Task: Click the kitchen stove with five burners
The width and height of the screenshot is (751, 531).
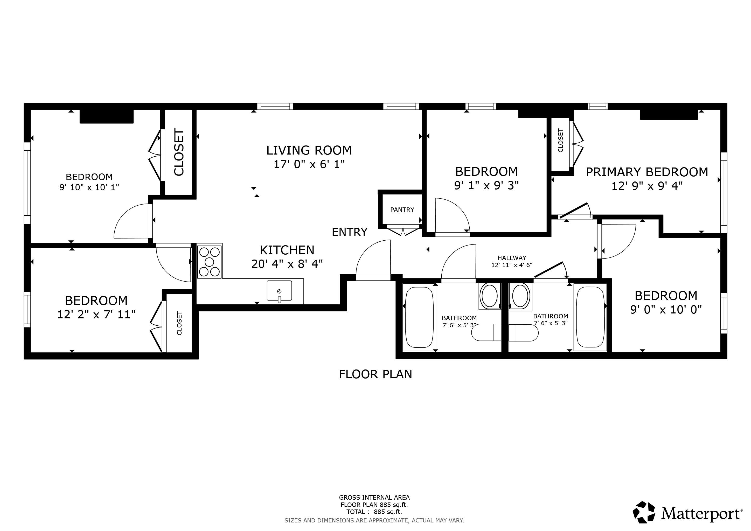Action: pyautogui.click(x=209, y=262)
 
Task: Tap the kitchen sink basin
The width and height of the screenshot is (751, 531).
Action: pyautogui.click(x=279, y=290)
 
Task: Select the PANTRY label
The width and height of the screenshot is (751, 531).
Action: pyautogui.click(x=402, y=209)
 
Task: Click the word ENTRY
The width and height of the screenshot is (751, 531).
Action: pyautogui.click(x=349, y=232)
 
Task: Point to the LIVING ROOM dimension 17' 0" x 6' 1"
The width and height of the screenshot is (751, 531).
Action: pyautogui.click(x=309, y=164)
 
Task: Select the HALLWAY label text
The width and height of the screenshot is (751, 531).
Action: pyautogui.click(x=512, y=258)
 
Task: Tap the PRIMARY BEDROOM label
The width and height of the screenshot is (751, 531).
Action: pyautogui.click(x=647, y=172)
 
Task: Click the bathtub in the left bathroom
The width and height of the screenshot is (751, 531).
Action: pyautogui.click(x=419, y=317)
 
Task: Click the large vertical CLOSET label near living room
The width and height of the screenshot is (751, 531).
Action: pyautogui.click(x=179, y=152)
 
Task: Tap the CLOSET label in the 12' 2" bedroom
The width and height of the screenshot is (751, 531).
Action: pyautogui.click(x=179, y=323)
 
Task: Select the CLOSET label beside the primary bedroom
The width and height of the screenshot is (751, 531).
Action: pyautogui.click(x=560, y=141)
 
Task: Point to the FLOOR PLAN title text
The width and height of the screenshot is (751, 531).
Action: pyautogui.click(x=375, y=374)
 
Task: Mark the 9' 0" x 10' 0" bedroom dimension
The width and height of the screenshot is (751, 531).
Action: pyautogui.click(x=666, y=309)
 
